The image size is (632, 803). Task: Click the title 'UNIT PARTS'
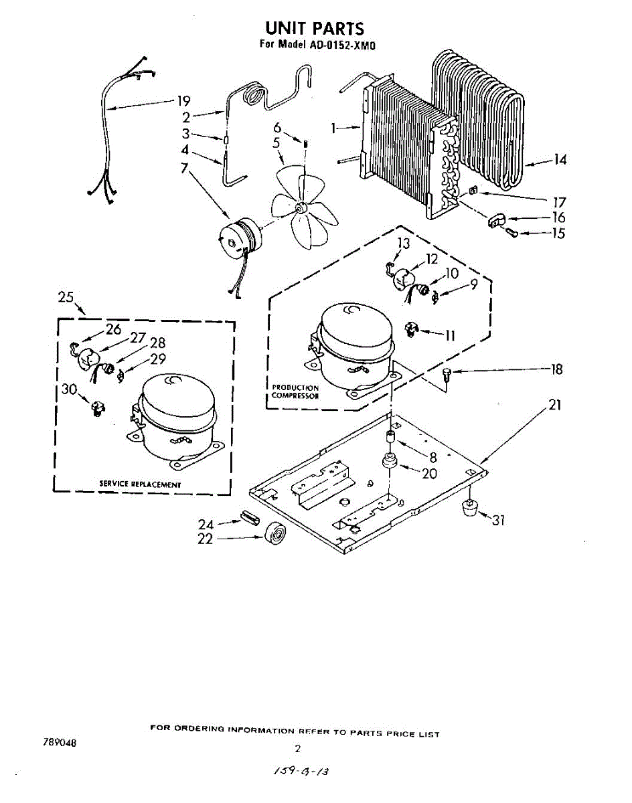point(315,28)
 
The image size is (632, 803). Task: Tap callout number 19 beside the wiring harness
point(183,102)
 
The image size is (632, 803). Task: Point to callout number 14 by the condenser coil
point(560,159)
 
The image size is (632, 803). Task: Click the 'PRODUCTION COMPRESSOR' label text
point(295,391)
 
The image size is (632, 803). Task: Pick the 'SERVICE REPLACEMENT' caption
point(140,484)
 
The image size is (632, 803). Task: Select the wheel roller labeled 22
point(275,535)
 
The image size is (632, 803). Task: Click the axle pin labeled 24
point(248,518)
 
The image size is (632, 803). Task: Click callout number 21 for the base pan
point(554,405)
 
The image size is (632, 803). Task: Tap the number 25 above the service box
point(65,298)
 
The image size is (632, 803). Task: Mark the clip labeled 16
point(495,219)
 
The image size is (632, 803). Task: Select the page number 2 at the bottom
point(297,748)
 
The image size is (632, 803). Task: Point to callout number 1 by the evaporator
point(334,128)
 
